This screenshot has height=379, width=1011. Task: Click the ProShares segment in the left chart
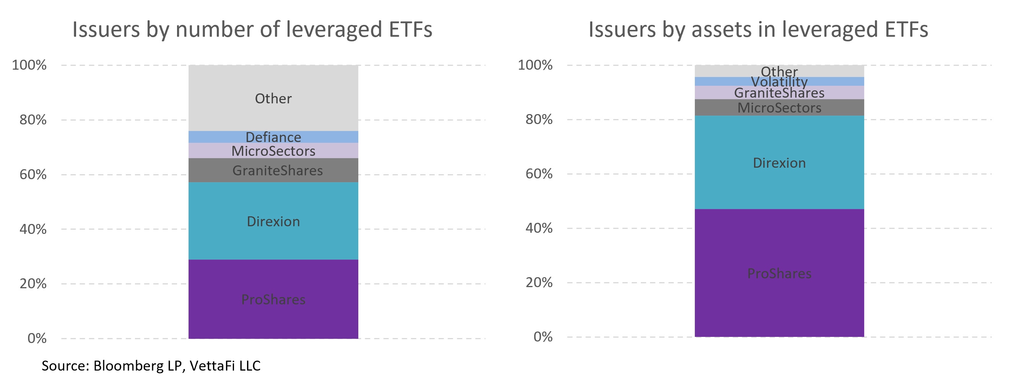tap(273, 299)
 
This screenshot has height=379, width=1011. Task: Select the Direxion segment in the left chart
tap(273, 221)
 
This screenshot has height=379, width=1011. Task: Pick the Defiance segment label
tap(273, 137)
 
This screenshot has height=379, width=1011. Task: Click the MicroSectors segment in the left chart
tap(273, 151)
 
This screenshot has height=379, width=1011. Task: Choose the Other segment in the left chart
tap(273, 98)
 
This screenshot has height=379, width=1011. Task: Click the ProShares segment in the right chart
tap(779, 273)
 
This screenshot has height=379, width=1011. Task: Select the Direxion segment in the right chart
tap(779, 163)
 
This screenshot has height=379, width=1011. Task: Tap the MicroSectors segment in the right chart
tap(779, 108)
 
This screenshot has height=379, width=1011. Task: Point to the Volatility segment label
tap(779, 82)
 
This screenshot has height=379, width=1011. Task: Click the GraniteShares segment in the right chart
tap(779, 93)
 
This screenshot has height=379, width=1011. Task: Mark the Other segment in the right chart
tap(779, 71)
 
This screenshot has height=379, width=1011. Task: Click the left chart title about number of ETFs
tap(252, 29)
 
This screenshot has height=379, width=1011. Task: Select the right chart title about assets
tap(758, 29)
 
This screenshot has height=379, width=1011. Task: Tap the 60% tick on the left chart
tap(33, 175)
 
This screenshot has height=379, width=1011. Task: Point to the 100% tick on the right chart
tap(535, 65)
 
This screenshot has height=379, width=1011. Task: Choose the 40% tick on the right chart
tap(539, 228)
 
